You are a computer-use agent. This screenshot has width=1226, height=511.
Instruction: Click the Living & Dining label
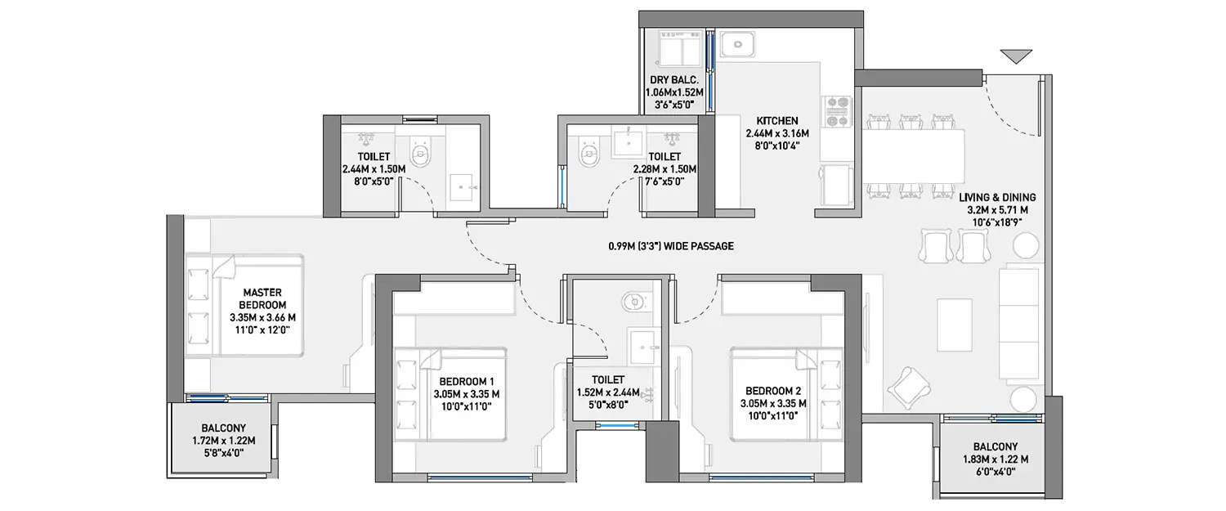point(997,209)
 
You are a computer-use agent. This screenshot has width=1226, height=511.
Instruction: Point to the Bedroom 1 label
point(466,392)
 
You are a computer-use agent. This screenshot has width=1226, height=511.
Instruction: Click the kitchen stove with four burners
point(837,112)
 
